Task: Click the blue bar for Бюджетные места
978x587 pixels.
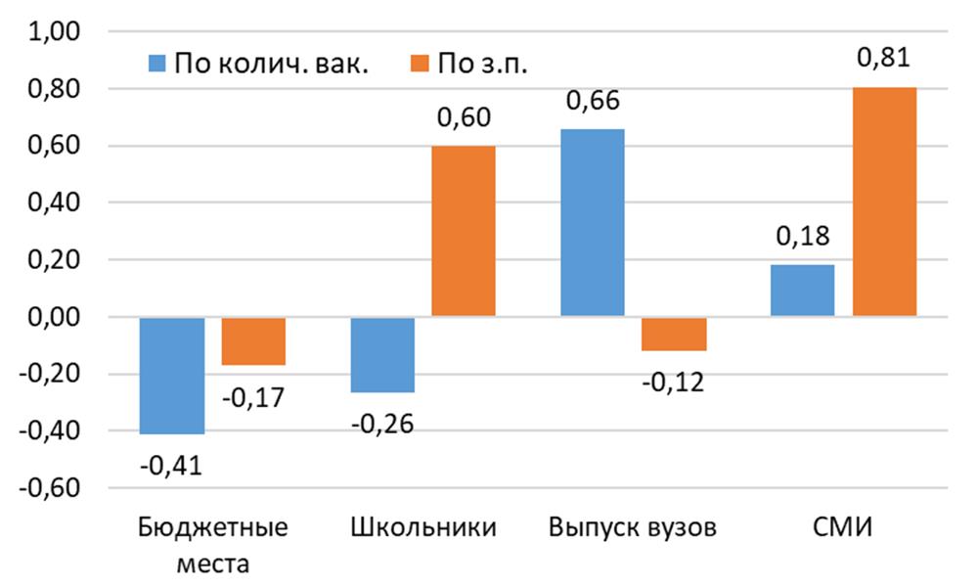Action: (x=172, y=375)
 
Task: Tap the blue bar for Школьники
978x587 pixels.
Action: (x=382, y=354)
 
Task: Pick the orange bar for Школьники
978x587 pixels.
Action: (x=464, y=232)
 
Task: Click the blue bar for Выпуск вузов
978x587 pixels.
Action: (x=592, y=223)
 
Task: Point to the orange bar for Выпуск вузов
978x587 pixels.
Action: (x=673, y=334)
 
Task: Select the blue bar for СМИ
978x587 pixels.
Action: (x=802, y=291)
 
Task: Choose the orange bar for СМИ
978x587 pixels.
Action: (x=884, y=202)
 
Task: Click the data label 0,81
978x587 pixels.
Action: (x=884, y=59)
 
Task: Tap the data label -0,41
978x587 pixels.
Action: (x=172, y=466)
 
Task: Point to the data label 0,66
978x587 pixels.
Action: (x=593, y=101)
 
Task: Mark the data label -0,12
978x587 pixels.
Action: (x=674, y=383)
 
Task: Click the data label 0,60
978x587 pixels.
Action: (x=464, y=118)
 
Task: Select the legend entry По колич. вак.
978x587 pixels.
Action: (x=258, y=65)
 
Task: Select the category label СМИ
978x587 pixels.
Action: (x=843, y=529)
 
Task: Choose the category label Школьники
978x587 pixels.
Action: (x=422, y=529)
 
